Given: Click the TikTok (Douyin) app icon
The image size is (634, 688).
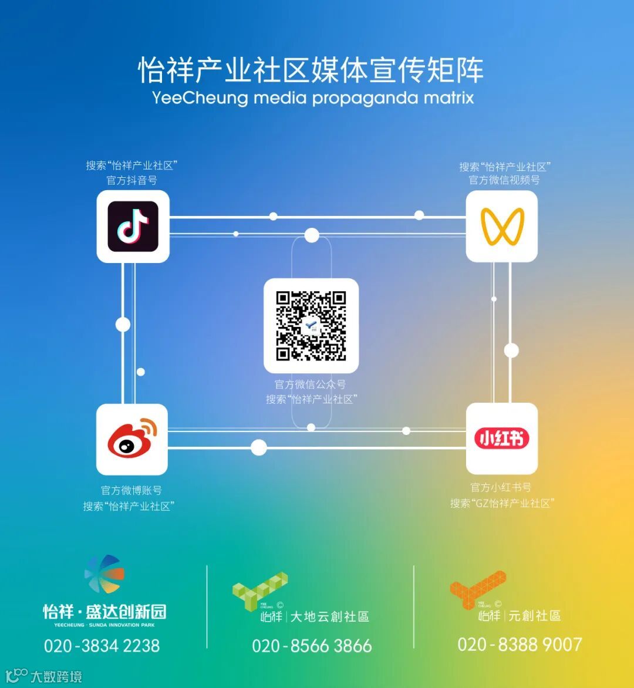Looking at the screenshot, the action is tap(133, 227).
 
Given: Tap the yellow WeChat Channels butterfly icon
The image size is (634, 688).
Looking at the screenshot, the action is tap(502, 227).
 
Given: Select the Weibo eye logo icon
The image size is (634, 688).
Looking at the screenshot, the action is tap(132, 439).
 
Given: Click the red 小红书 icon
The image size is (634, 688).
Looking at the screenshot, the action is tap(502, 439).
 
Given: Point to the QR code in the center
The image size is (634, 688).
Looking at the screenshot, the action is tap(311, 326).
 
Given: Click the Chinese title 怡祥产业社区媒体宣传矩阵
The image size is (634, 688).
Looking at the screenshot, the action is tap(311, 70).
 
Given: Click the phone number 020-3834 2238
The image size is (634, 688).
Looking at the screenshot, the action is tap(102, 646).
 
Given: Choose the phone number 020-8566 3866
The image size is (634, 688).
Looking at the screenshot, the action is tap(312, 646).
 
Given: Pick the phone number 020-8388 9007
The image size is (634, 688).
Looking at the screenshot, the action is tap(520, 645).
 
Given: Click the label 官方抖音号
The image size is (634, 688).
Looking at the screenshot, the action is tap(132, 180).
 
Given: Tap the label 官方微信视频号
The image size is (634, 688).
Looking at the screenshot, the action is tap(504, 180).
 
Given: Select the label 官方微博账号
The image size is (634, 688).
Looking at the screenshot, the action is tap(131, 490).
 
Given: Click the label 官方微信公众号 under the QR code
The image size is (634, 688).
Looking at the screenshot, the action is tap(311, 385).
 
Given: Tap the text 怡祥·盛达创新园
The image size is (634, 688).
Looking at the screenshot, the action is tap(104, 612).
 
